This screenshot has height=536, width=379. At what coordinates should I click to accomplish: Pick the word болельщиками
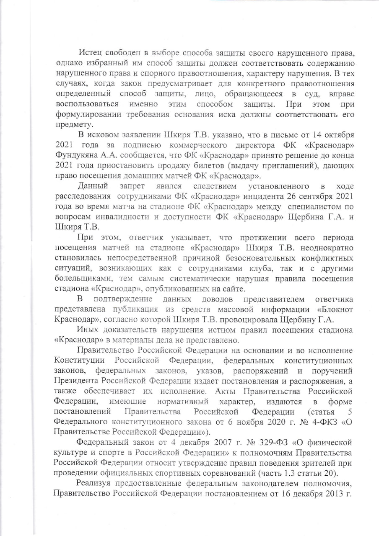[79, 278]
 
